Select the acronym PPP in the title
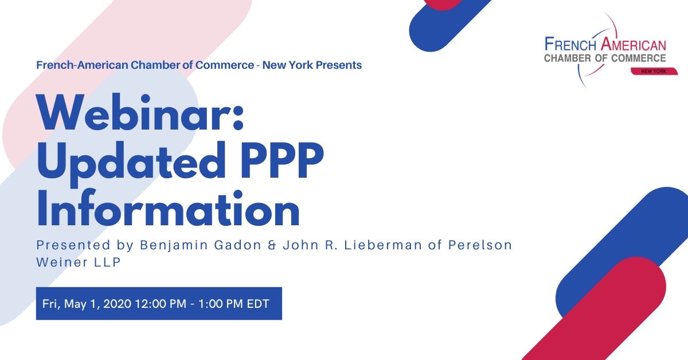point(282,160)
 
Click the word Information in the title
point(167,208)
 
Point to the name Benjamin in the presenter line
point(174,245)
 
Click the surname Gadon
point(237,245)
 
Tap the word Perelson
point(480,245)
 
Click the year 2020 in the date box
point(118,304)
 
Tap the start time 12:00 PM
point(161,304)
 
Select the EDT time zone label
point(258,304)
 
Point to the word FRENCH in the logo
point(570,44)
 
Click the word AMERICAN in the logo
point(634,44)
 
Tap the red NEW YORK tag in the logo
point(654,71)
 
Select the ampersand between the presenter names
point(272,245)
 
